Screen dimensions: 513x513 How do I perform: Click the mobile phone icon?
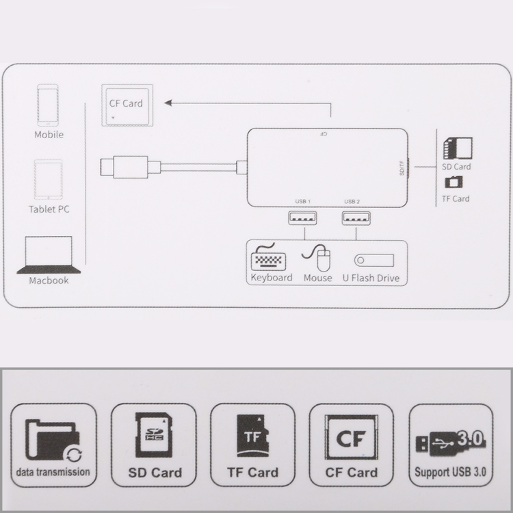tap(48, 105)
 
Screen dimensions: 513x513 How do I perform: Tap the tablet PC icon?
tap(49, 179)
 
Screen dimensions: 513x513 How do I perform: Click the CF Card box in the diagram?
tap(127, 105)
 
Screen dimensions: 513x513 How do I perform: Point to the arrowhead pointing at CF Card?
tap(168, 103)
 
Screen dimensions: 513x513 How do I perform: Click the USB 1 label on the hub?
tap(302, 201)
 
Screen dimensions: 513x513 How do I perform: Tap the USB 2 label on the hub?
tap(352, 201)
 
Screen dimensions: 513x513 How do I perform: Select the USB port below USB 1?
tap(302, 218)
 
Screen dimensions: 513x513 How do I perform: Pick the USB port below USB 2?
tap(356, 218)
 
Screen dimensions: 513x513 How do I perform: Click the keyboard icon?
tap(268, 256)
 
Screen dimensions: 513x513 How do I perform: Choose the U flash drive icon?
tap(374, 260)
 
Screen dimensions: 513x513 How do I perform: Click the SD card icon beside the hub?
tap(458, 148)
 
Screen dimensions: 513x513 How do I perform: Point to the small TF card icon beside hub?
tap(453, 182)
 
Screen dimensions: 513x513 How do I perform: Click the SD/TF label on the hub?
tap(402, 168)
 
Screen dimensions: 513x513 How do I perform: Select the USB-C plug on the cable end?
tap(124, 167)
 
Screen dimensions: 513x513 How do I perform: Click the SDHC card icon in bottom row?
tap(154, 435)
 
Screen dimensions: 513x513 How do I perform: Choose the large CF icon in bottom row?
tap(351, 437)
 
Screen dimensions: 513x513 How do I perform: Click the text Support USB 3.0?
tap(450, 472)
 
